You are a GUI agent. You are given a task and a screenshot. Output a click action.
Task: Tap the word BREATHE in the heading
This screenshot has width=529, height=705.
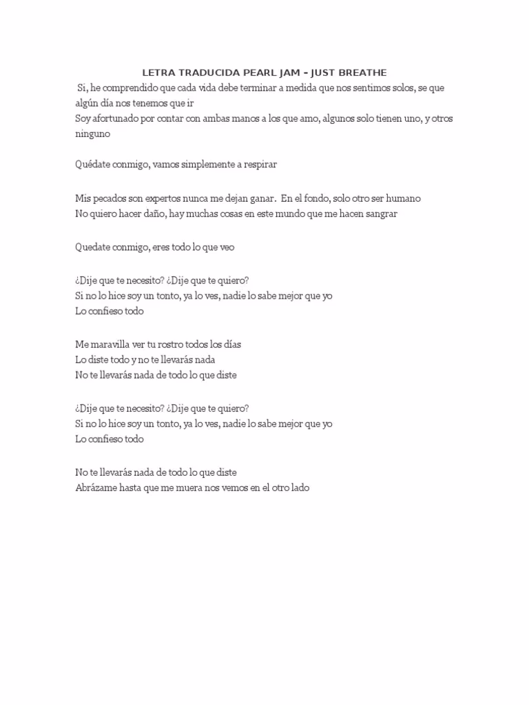[360, 72]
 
